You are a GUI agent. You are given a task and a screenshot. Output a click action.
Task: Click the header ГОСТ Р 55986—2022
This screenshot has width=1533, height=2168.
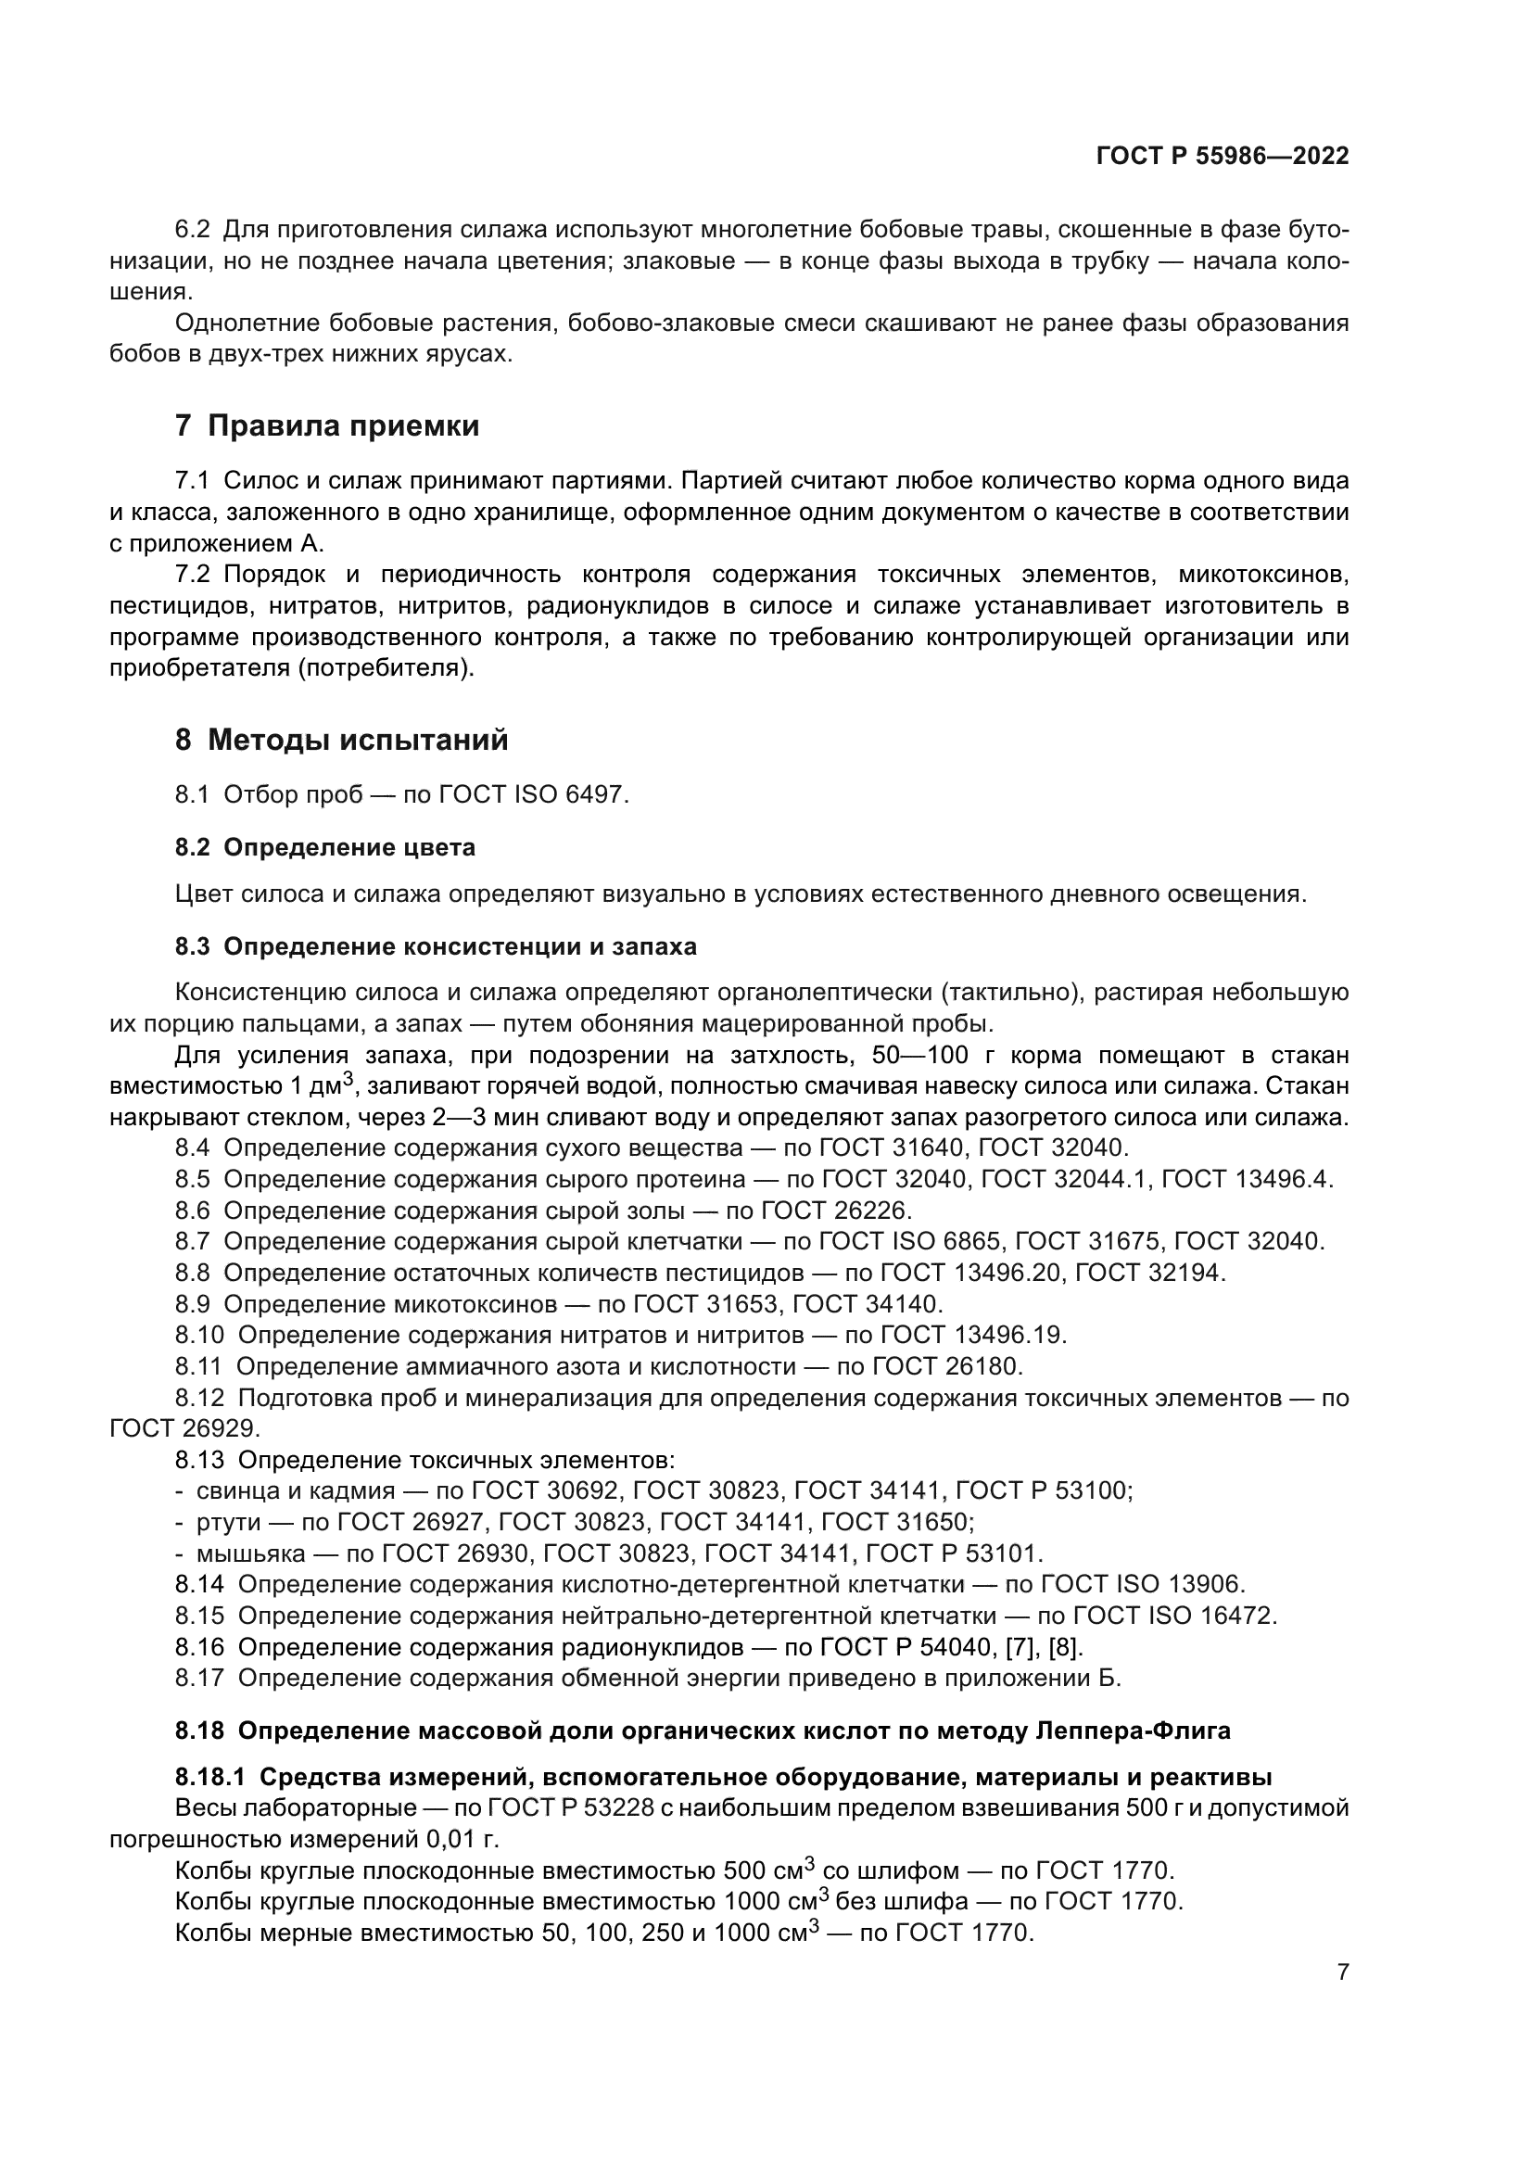coord(1222,156)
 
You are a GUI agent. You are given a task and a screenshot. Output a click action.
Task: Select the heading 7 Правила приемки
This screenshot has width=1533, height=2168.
coord(326,425)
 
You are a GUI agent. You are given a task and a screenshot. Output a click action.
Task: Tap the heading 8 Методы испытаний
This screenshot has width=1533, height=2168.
coord(341,741)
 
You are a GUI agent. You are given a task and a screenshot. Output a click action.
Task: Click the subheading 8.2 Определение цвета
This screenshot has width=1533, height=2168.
coord(324,848)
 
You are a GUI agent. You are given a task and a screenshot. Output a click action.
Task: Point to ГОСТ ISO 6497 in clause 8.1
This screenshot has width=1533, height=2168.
coord(532,795)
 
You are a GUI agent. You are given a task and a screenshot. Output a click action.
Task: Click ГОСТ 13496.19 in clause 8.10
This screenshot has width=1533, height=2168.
coord(973,1335)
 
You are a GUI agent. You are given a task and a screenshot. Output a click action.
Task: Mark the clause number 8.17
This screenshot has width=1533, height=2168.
coord(199,1679)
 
